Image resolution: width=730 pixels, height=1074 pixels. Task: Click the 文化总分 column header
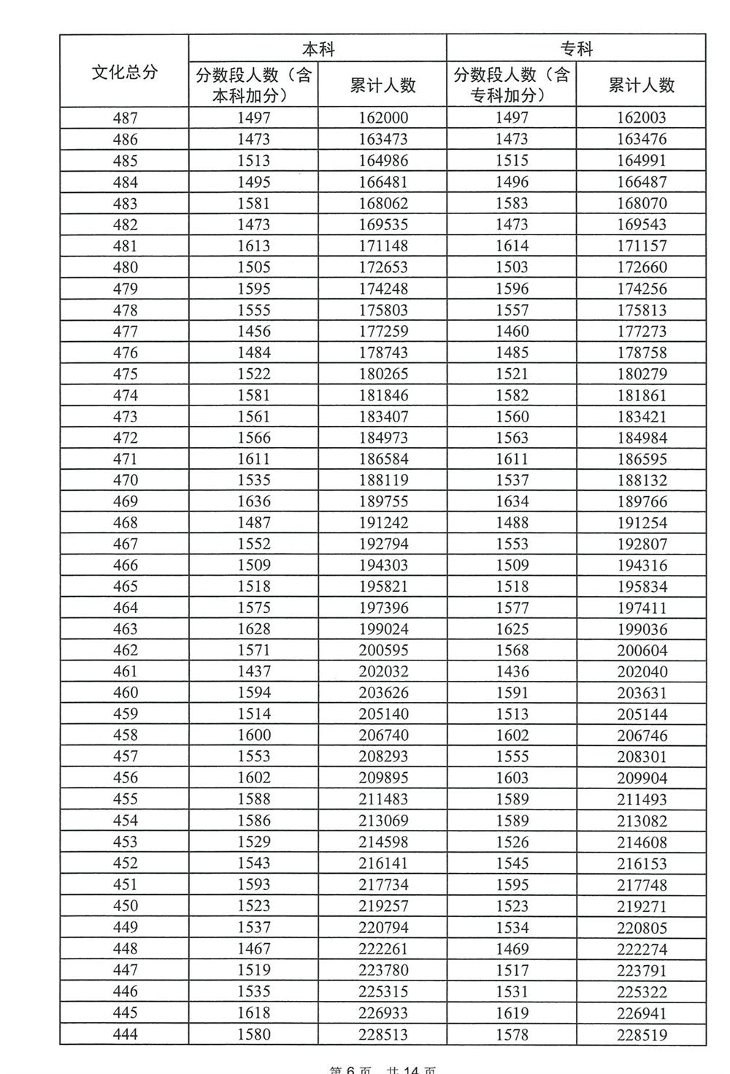click(x=124, y=72)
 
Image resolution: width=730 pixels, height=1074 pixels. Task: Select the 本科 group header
click(x=318, y=48)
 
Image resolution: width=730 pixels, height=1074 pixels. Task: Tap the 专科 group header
click(x=576, y=48)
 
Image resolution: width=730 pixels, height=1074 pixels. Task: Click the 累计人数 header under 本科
click(x=383, y=85)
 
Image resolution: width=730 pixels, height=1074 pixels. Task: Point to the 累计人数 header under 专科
click(x=642, y=85)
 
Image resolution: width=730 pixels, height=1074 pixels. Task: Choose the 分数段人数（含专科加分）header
click(x=511, y=85)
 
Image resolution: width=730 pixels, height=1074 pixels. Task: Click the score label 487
click(x=125, y=118)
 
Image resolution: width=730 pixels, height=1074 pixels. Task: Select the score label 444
click(x=125, y=1035)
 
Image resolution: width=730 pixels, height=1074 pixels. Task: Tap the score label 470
click(x=125, y=480)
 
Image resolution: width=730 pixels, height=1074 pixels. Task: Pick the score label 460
click(x=125, y=693)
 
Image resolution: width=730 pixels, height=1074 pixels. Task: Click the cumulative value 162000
click(x=383, y=118)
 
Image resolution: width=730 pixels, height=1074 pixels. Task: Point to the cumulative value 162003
click(x=642, y=118)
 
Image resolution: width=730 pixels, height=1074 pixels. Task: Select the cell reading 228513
click(x=383, y=1035)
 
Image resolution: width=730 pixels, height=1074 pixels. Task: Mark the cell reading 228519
click(x=642, y=1035)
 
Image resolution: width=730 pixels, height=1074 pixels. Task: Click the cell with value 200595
click(x=383, y=650)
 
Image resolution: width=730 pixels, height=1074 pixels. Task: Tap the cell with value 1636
click(x=253, y=501)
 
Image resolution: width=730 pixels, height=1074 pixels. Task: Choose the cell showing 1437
click(x=253, y=671)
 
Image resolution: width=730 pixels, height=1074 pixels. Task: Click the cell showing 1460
click(x=512, y=331)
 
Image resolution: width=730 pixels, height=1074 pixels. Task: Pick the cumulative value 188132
click(x=642, y=480)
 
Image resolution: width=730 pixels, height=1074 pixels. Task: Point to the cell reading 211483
click(x=383, y=799)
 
